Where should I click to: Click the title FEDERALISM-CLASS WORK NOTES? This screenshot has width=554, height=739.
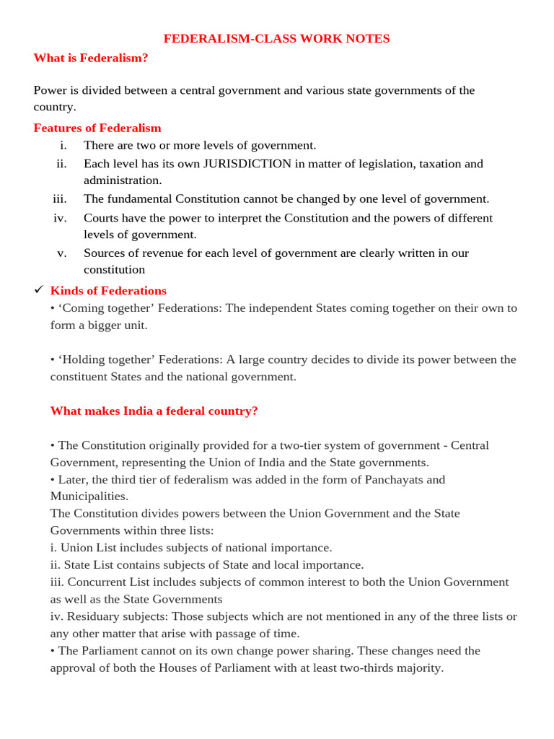tap(276, 39)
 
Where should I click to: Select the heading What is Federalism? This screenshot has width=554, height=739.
tap(91, 58)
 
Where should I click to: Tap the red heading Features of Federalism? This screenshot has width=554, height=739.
tap(97, 128)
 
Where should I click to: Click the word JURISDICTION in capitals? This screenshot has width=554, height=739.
tap(247, 164)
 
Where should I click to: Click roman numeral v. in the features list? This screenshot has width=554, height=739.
tap(61, 253)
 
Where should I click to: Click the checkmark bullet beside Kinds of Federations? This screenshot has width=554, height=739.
tap(39, 290)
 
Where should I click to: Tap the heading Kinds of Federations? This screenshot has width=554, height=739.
tap(108, 291)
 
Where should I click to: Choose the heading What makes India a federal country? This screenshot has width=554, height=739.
tap(154, 411)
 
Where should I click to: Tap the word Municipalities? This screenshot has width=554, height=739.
tap(89, 497)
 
